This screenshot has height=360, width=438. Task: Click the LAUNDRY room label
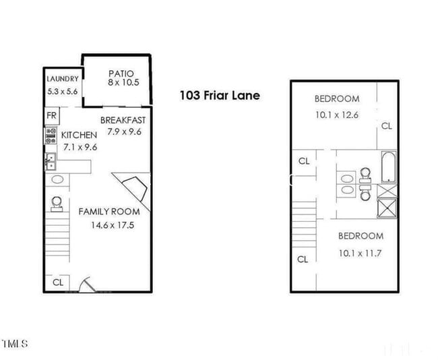[x=63, y=78]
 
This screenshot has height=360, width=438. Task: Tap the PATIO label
[x=121, y=73]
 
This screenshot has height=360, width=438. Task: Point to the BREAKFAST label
[x=123, y=120]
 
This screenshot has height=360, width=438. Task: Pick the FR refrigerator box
[x=51, y=116]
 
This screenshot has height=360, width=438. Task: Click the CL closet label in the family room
[x=58, y=282]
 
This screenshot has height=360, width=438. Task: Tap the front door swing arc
[x=85, y=284]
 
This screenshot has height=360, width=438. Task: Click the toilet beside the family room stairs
[x=57, y=202]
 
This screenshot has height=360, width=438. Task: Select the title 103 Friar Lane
[x=220, y=96]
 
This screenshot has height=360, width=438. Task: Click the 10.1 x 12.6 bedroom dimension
[x=336, y=115]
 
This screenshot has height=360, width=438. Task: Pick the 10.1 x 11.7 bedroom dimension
[x=360, y=253]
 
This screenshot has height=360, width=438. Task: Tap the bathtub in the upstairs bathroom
[x=389, y=168]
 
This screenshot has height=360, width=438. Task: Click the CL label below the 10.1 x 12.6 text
[x=386, y=125]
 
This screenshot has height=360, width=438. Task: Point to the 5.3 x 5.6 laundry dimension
[x=63, y=91]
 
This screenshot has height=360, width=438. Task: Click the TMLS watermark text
[x=15, y=344]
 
